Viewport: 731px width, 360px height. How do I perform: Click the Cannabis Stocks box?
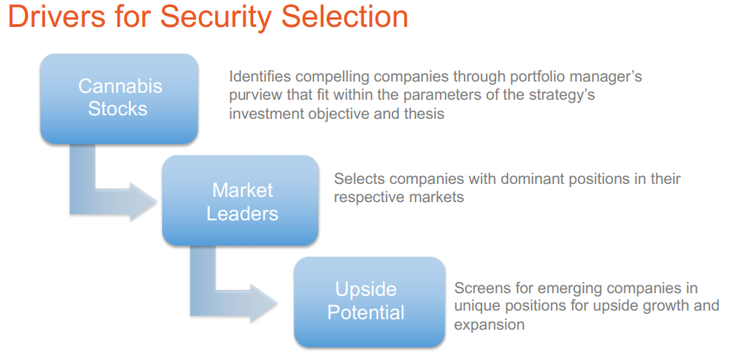coord(120,98)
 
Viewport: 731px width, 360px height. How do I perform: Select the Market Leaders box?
coord(240,200)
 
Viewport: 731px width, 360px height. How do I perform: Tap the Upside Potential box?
coord(369,302)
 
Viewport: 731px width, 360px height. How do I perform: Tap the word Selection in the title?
coord(344,16)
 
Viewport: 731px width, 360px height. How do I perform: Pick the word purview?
coord(254,96)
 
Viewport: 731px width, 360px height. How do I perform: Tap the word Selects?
coord(357,179)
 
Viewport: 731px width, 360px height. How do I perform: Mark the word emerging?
coord(567,289)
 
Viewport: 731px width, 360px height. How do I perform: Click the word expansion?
coord(489,325)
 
